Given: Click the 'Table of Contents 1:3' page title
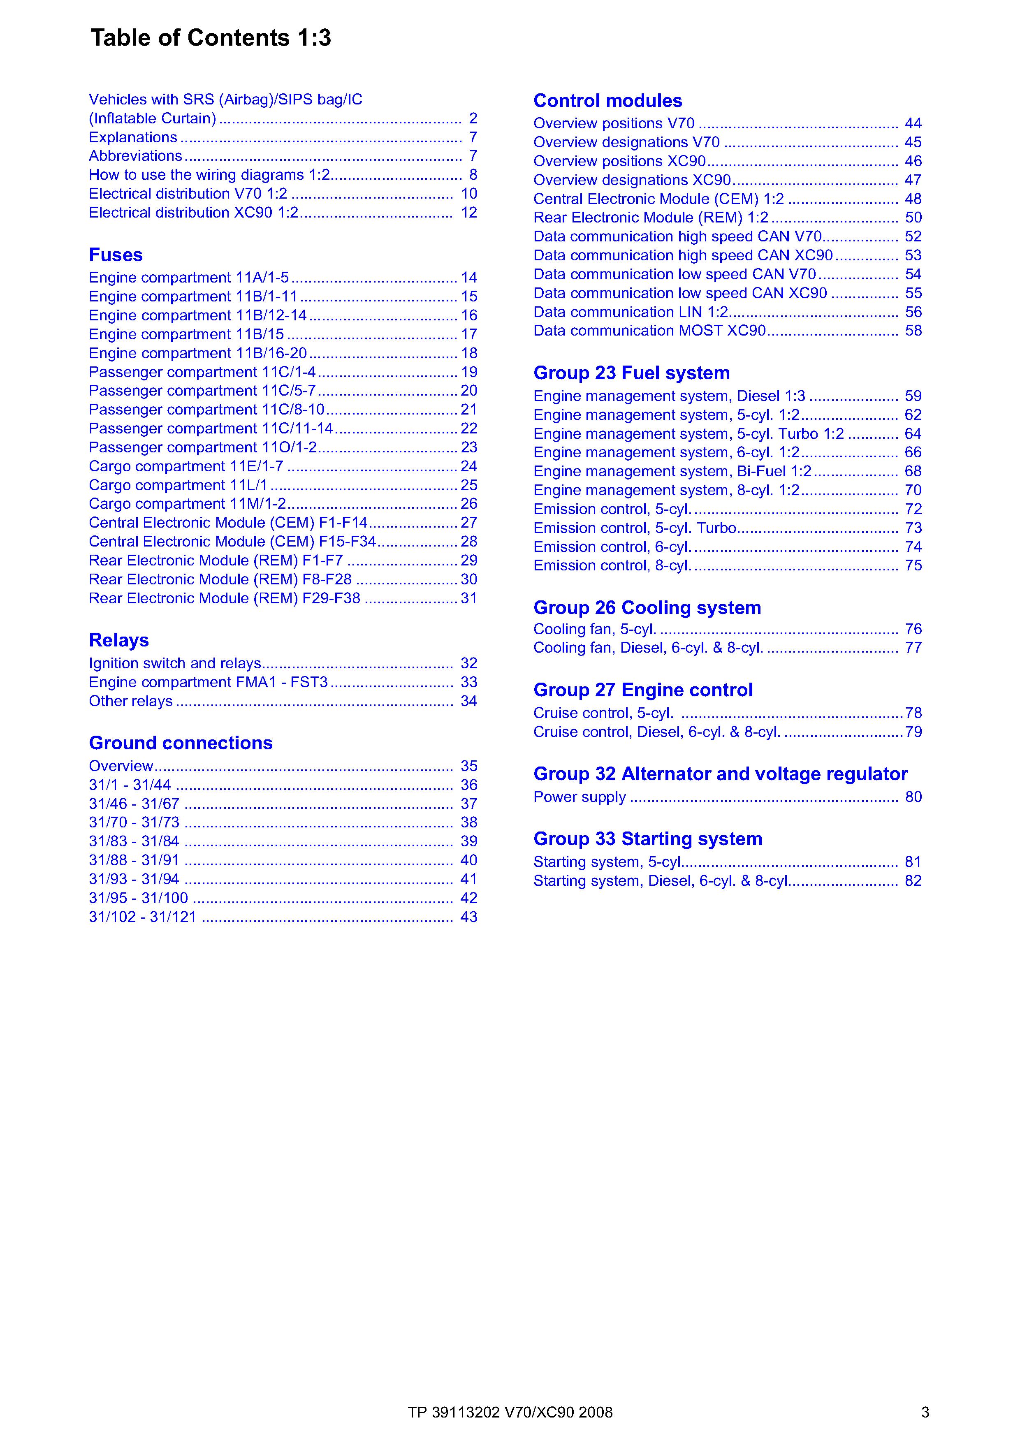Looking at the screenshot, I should point(211,38).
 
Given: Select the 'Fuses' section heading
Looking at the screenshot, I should point(116,255).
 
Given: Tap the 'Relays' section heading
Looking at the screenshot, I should point(119,640).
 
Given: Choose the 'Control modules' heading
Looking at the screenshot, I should point(607,101).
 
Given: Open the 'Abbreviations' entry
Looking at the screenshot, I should point(135,156).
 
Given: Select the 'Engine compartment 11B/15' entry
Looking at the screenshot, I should point(186,334).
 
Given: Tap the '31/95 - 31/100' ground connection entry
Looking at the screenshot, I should point(138,898).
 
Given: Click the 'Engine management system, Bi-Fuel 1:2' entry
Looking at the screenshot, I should point(672,471).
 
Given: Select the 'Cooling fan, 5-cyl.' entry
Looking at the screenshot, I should point(595,629).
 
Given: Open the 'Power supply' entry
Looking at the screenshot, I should point(580,797).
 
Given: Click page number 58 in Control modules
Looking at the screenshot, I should point(913,331).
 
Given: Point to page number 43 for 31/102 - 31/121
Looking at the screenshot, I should point(469,917).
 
